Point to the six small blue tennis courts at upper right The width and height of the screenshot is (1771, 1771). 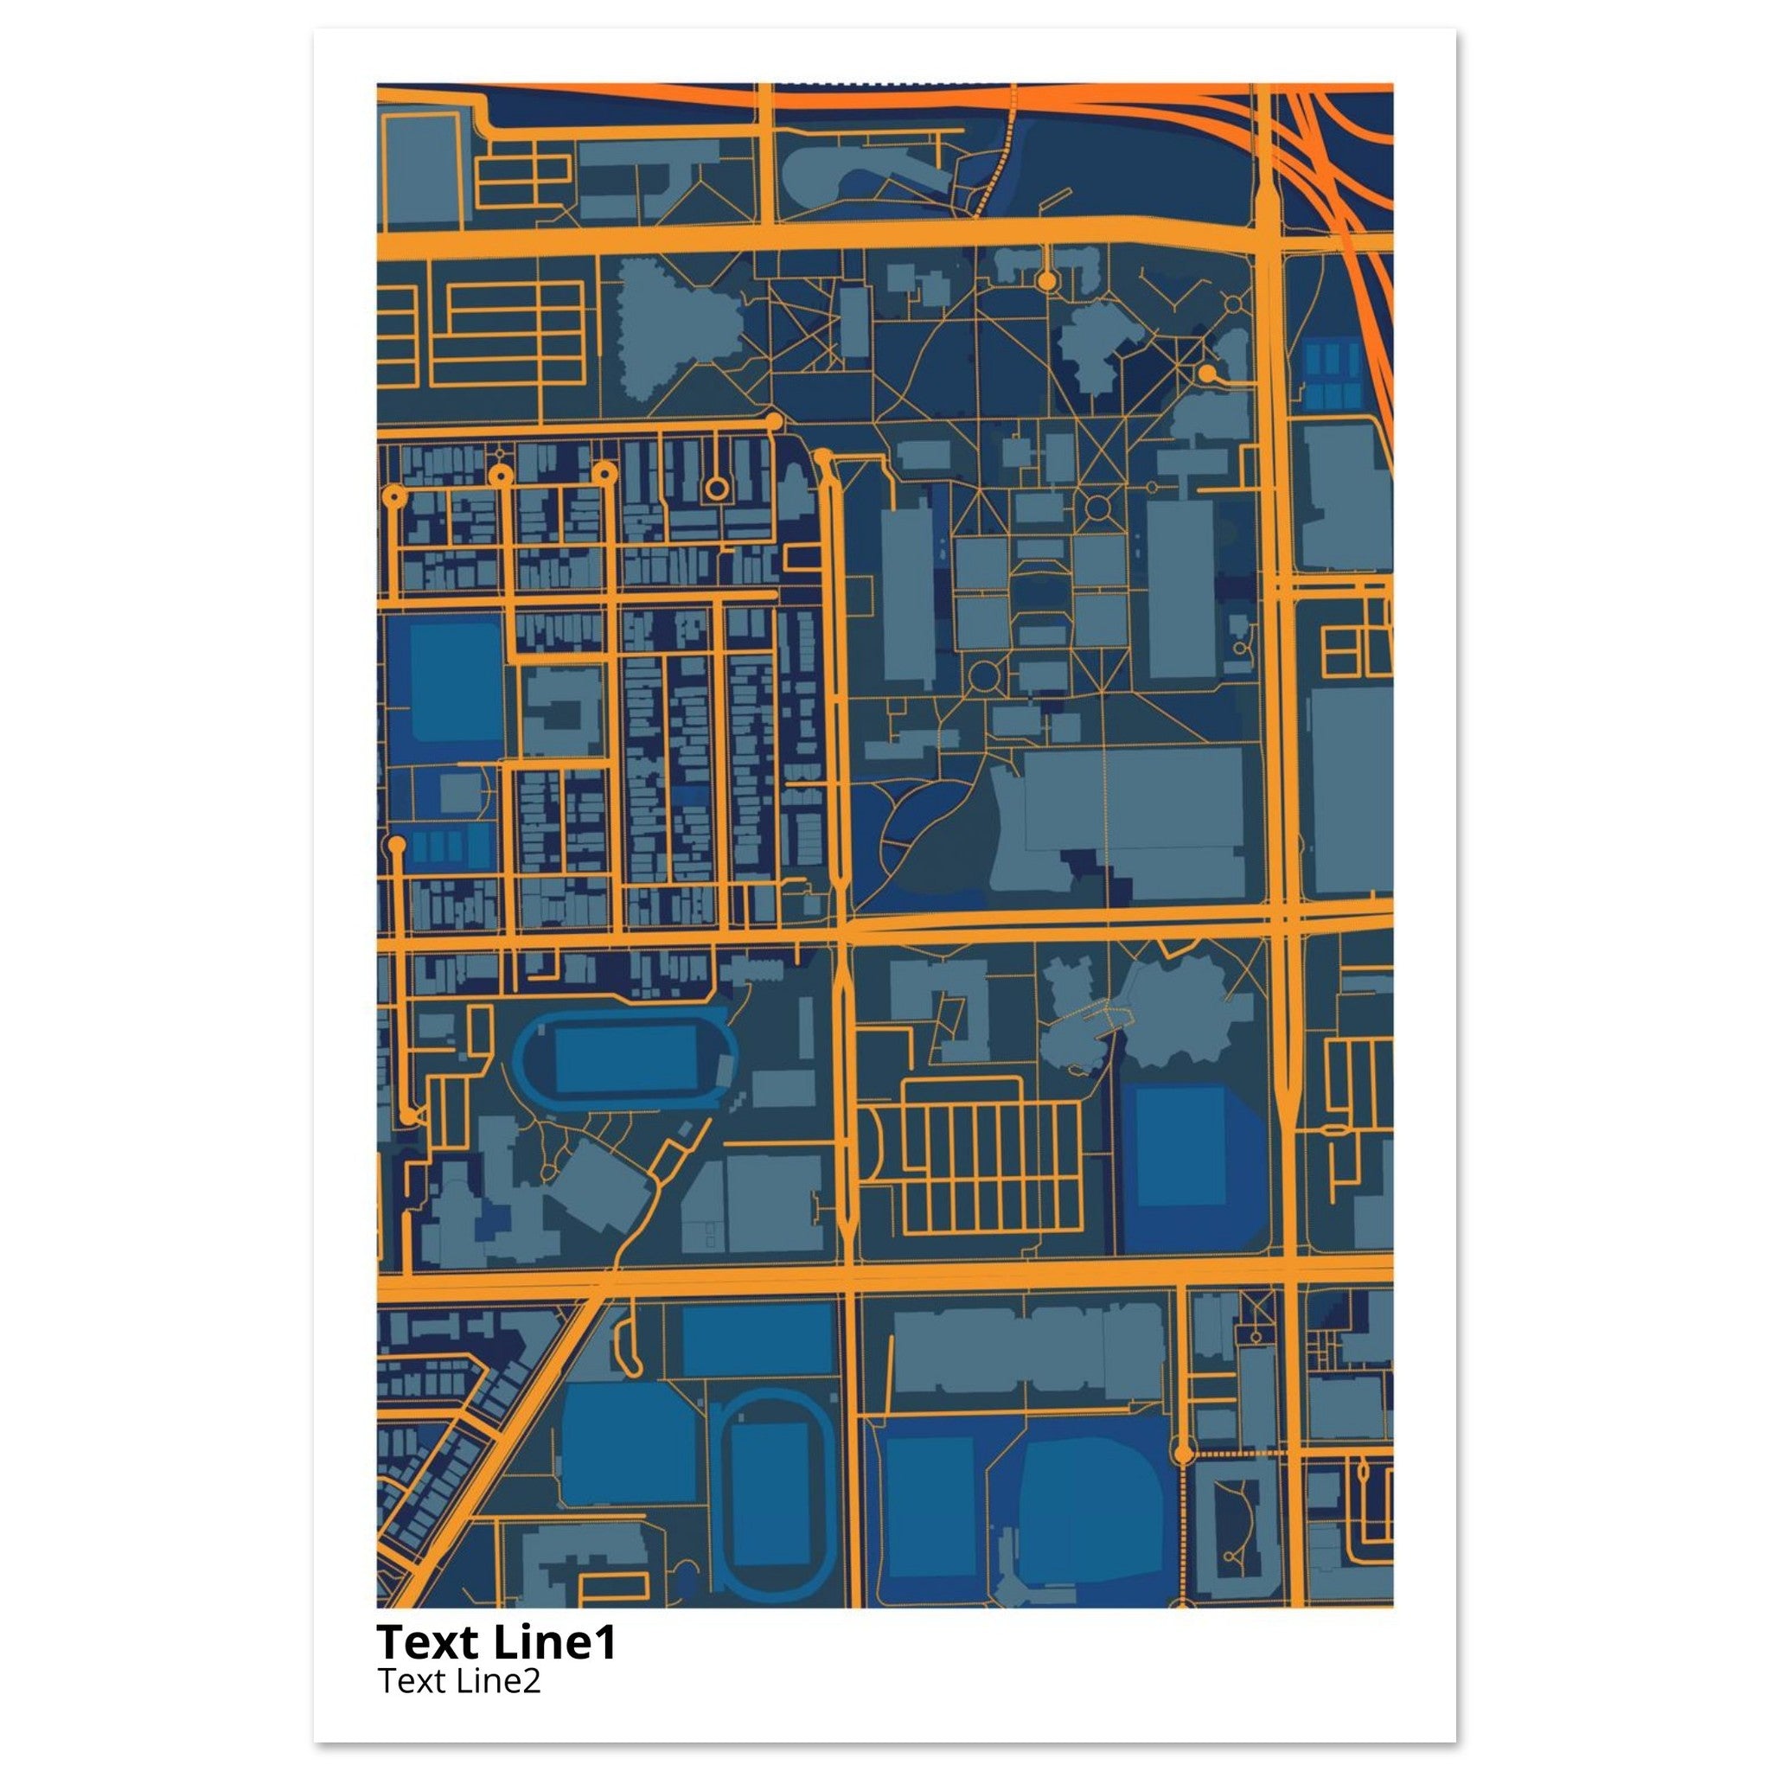pos(1332,375)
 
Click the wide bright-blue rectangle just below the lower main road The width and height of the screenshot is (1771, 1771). pos(758,1339)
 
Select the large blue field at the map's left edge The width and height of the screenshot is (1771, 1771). pos(456,682)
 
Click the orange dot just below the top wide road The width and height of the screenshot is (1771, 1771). pos(1045,278)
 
